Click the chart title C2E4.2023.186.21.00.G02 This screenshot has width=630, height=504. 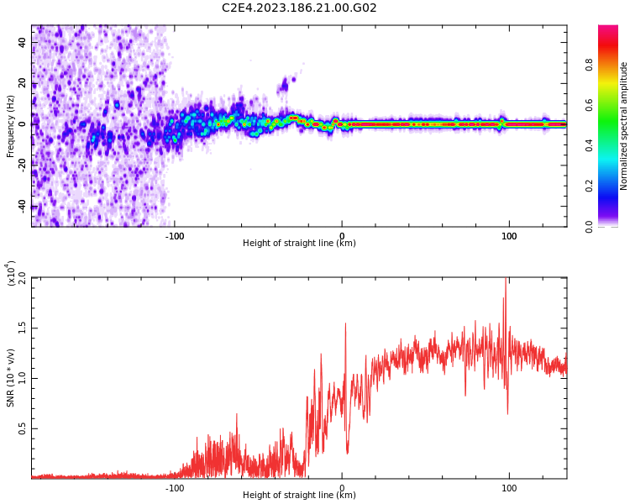pyautogui.click(x=299, y=8)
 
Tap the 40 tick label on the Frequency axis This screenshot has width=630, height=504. pyautogui.click(x=23, y=42)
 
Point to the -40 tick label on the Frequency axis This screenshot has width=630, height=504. pyautogui.click(x=21, y=206)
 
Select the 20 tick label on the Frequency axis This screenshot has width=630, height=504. pyautogui.click(x=23, y=83)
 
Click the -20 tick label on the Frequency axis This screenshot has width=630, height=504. pyautogui.click(x=21, y=165)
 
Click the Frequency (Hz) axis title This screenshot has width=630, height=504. pyautogui.click(x=11, y=126)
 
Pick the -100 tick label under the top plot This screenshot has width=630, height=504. pyautogui.click(x=174, y=235)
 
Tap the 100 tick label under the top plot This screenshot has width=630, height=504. pyautogui.click(x=509, y=235)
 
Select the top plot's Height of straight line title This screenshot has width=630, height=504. pyautogui.click(x=299, y=244)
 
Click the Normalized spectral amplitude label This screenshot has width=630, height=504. pyautogui.click(x=624, y=126)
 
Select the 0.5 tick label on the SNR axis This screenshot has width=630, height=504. pyautogui.click(x=23, y=428)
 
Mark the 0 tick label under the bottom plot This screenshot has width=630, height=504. pyautogui.click(x=342, y=487)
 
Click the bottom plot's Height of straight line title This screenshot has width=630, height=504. pyautogui.click(x=299, y=496)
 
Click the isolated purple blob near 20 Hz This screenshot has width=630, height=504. pyautogui.click(x=285, y=84)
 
